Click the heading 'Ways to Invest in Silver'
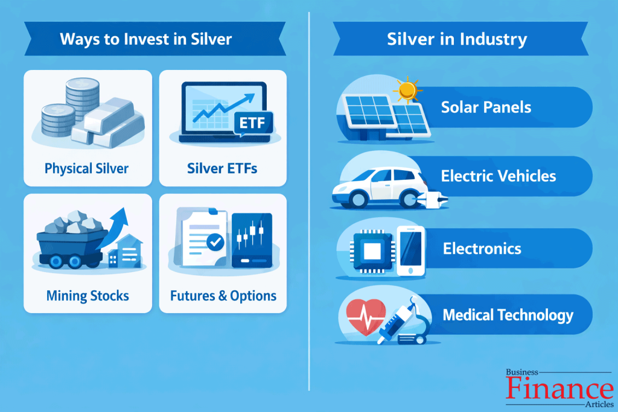pos(145,40)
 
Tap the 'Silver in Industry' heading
pos(457,40)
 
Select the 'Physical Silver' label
pos(86,168)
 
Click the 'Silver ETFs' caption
pos(222,168)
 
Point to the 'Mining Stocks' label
pos(88,296)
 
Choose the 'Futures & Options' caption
pos(223,296)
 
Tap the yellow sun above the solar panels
pos(409,90)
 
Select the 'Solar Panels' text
pos(486,107)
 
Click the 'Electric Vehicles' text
pos(499,176)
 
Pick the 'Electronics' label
pos(482,249)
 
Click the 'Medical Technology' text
pos(508,314)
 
